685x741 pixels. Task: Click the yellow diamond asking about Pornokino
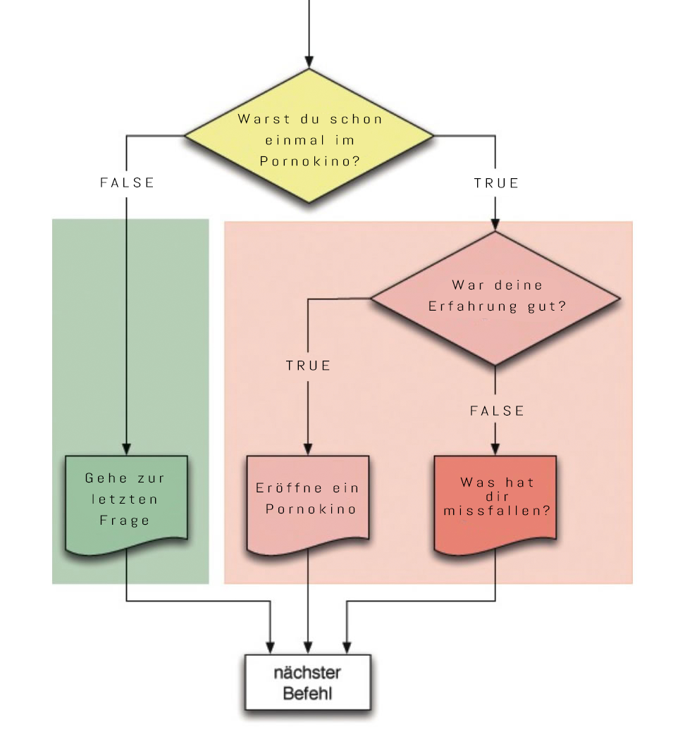pos(309,138)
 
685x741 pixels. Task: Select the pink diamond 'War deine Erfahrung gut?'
pos(497,297)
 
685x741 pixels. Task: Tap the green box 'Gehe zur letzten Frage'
pos(126,502)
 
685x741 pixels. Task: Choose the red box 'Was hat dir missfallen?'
pos(495,502)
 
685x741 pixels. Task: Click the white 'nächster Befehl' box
pos(307,682)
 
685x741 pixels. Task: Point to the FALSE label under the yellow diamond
pos(127,183)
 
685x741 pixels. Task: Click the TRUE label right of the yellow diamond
pos(496,184)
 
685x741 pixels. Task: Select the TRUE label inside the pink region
pos(308,366)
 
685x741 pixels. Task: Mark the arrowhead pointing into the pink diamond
pos(495,224)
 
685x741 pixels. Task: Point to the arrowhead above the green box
pos(126,449)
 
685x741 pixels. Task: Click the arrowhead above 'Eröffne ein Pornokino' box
pos(308,449)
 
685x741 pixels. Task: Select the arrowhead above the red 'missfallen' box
pos(495,449)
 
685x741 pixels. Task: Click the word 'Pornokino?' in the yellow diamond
pos(310,161)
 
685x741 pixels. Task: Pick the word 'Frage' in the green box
pos(125,521)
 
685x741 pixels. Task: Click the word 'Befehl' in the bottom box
pos(307,693)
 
